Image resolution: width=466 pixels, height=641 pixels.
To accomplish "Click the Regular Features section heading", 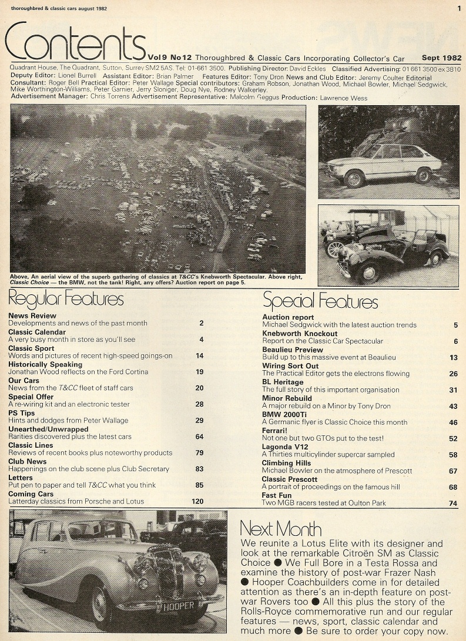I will click(66, 299).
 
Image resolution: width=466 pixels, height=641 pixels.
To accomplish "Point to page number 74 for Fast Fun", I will click(452, 504).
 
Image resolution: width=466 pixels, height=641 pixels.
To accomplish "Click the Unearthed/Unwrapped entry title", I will click(49, 429).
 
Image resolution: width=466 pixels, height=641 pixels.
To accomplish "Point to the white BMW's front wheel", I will click(354, 178).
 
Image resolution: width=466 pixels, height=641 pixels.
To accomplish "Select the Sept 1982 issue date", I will click(441, 58).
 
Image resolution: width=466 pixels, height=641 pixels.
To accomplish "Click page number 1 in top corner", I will click(458, 8).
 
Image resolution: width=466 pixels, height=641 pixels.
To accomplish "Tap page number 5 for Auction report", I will click(455, 324).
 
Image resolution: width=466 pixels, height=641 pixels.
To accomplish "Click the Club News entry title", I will click(29, 462).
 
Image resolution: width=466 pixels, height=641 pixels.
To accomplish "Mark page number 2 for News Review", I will click(201, 323).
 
